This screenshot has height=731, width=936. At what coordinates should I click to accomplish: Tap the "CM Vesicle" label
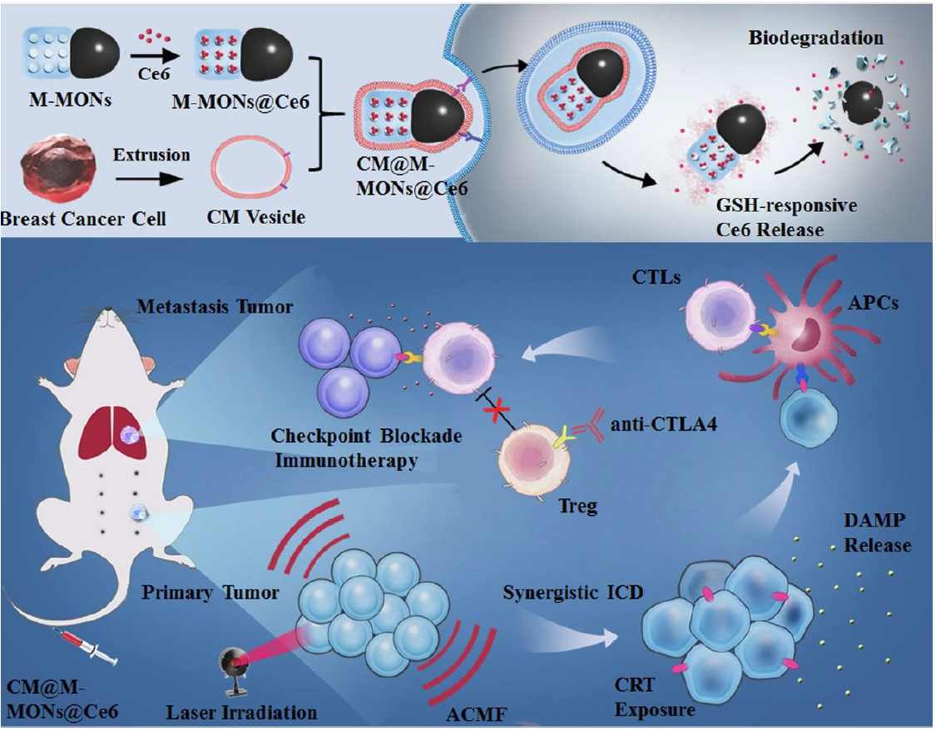tap(257, 219)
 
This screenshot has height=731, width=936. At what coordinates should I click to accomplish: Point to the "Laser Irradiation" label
tap(241, 713)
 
